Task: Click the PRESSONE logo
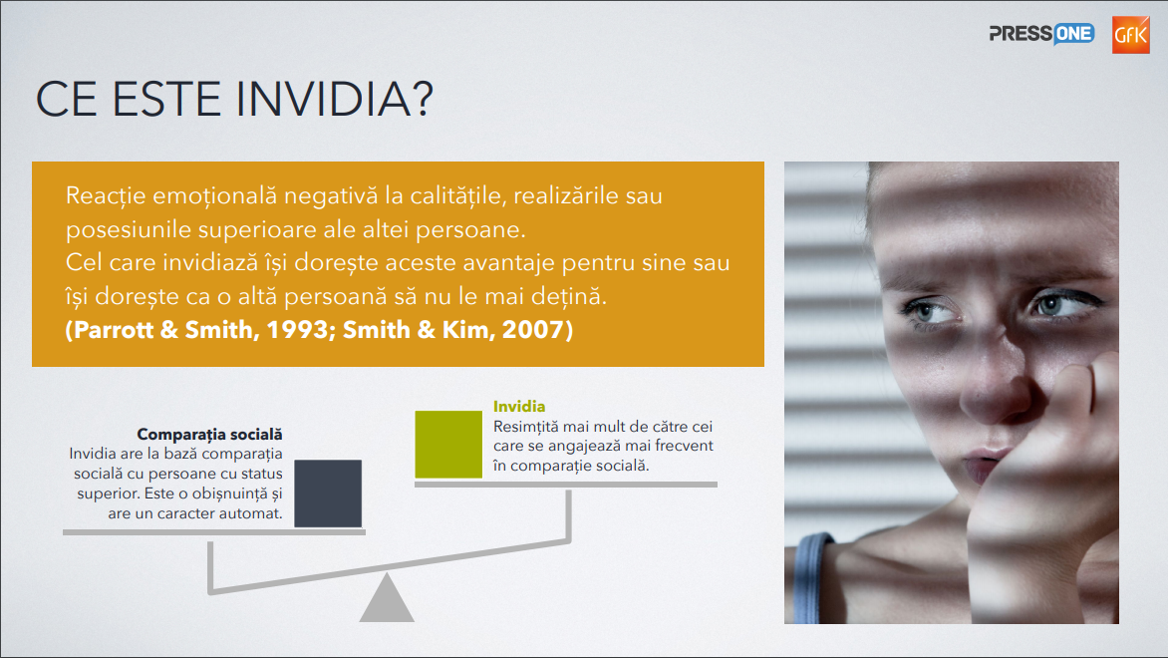click(x=1041, y=34)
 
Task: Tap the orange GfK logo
click(x=1131, y=35)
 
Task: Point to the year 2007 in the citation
click(x=533, y=329)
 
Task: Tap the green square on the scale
click(x=448, y=444)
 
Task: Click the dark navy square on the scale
click(x=328, y=493)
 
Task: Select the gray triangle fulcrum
click(x=387, y=597)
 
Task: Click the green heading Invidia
click(x=519, y=406)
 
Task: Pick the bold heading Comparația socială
click(x=209, y=434)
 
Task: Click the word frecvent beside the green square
click(x=683, y=446)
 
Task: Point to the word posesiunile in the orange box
click(x=129, y=229)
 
